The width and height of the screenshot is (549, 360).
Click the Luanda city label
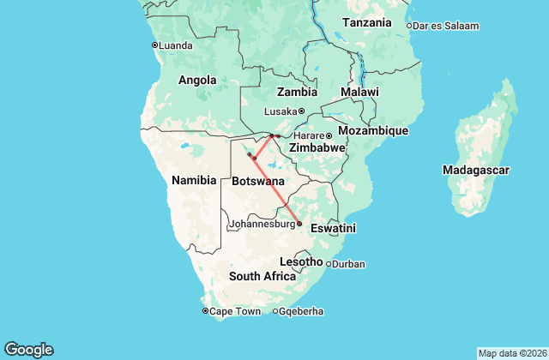point(177,45)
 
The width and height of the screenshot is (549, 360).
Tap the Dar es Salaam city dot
point(409,26)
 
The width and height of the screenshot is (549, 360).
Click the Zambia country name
point(297,92)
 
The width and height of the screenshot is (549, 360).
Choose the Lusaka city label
point(280,111)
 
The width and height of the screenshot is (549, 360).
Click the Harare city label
point(308,136)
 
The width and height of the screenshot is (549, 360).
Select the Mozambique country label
point(372,130)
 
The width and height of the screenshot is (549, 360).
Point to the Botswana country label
point(258,182)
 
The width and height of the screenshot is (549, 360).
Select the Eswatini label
point(333,229)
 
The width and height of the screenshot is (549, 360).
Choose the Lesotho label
point(301,261)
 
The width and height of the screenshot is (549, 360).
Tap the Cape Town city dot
point(205,311)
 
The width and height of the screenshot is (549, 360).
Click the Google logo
point(29,349)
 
